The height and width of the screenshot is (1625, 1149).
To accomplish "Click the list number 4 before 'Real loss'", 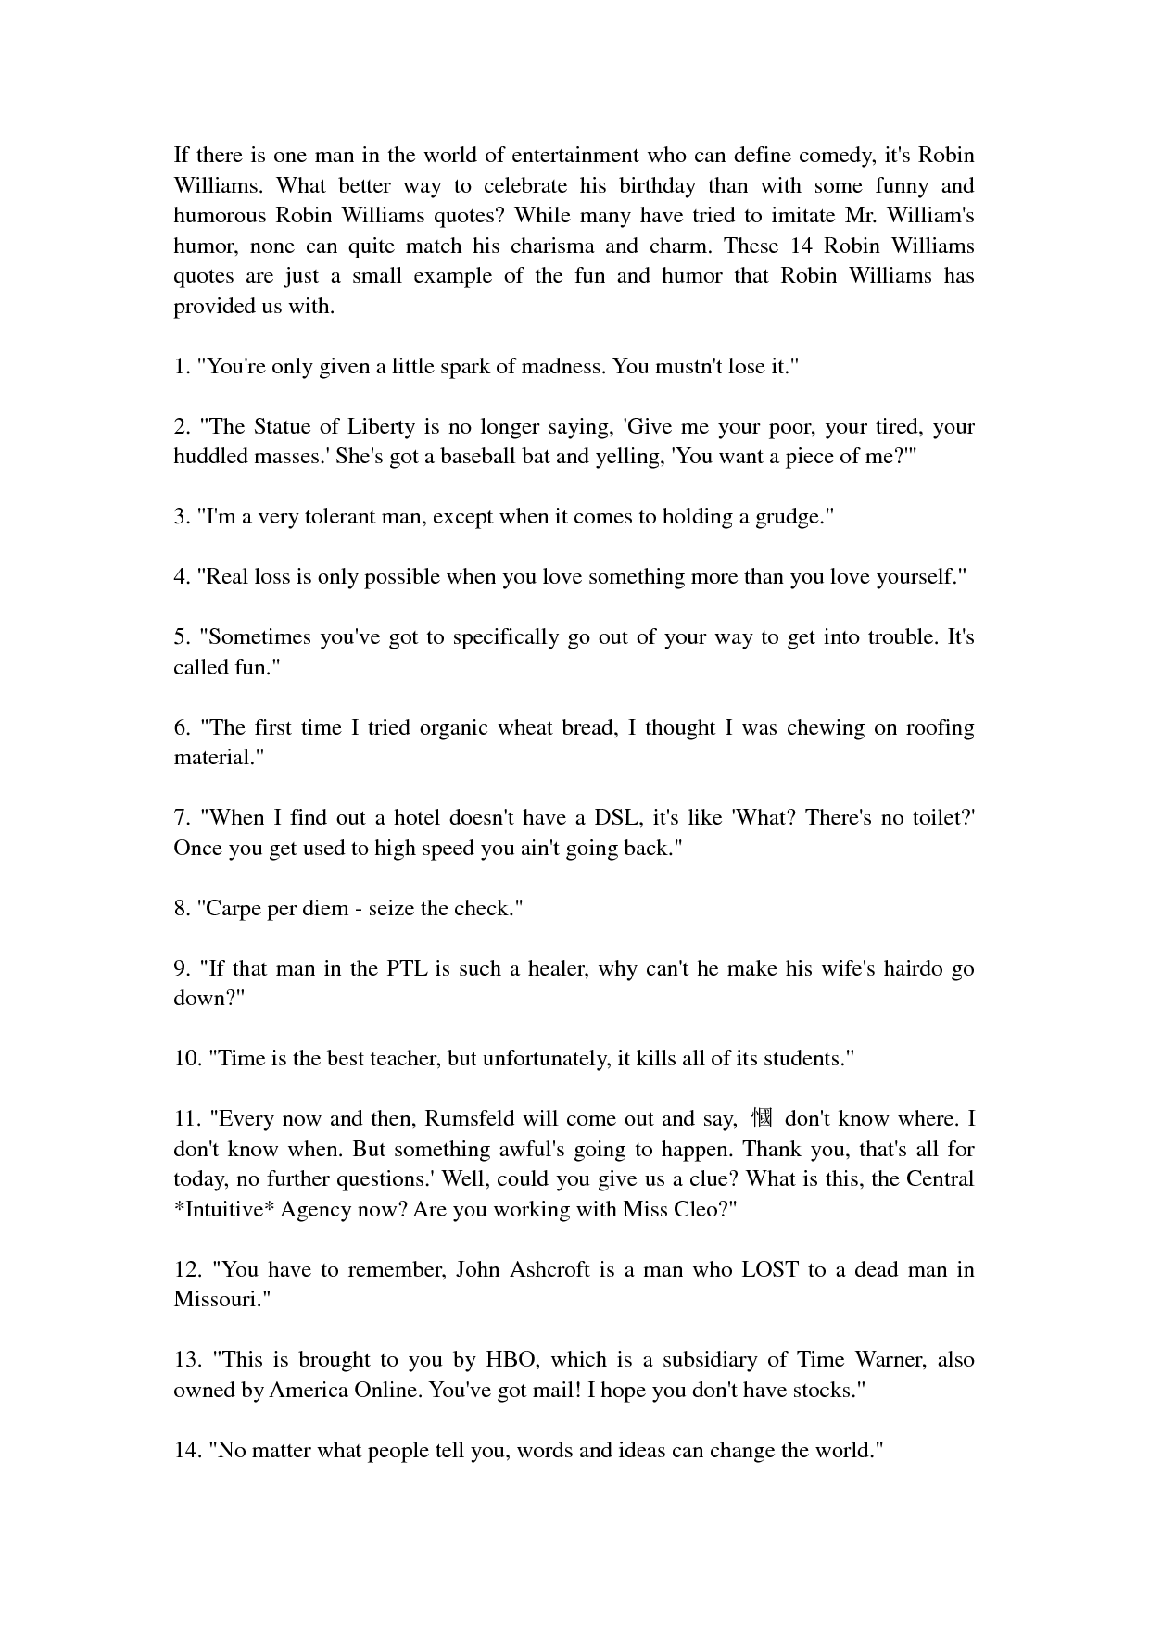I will point(180,576).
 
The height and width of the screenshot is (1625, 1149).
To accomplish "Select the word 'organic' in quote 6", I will point(454,727).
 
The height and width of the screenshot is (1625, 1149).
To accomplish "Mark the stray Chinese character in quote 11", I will point(762,1118).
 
